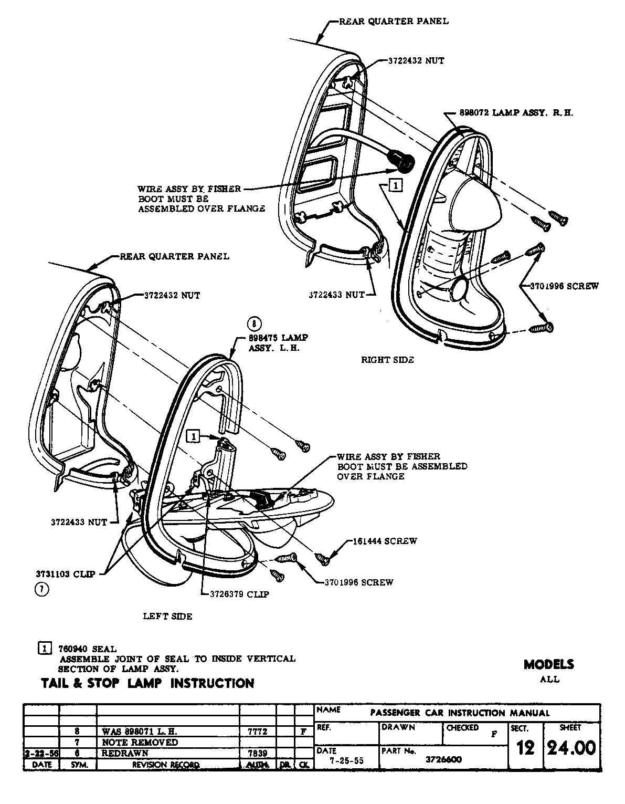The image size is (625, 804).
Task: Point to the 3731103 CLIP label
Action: [x=66, y=574]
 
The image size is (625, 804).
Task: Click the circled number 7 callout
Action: [x=41, y=590]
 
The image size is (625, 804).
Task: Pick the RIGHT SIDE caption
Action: [x=387, y=360]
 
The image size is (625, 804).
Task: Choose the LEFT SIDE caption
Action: [x=167, y=616]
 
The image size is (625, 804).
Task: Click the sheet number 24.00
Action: [x=571, y=747]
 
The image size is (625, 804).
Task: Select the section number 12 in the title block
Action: [x=525, y=748]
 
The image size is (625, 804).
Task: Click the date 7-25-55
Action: [x=346, y=760]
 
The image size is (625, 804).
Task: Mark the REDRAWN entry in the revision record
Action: [x=125, y=753]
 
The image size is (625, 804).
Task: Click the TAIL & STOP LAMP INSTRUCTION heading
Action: [x=147, y=683]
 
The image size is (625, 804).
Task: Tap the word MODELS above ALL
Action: [x=549, y=664]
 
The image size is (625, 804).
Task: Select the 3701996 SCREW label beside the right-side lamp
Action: [x=564, y=286]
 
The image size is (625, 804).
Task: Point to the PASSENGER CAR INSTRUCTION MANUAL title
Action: [x=460, y=713]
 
